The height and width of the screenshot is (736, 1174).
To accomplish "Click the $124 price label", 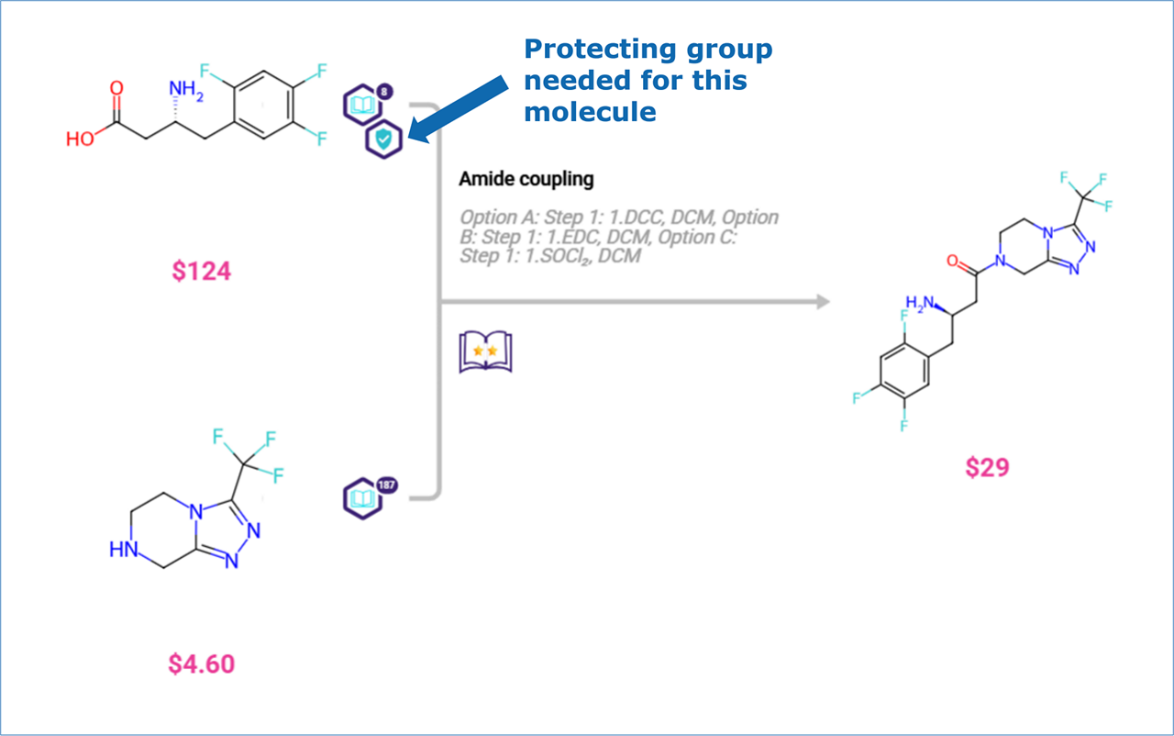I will pyautogui.click(x=201, y=271).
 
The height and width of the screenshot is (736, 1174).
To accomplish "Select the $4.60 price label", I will pyautogui.click(x=201, y=664).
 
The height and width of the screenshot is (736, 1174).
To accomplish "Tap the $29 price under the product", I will pyautogui.click(x=987, y=467).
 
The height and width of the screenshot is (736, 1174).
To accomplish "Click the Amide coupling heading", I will pyautogui.click(x=526, y=179).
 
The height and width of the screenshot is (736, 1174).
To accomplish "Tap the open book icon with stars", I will pyautogui.click(x=485, y=351).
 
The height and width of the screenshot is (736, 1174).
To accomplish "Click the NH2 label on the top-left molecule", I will pyautogui.click(x=186, y=90).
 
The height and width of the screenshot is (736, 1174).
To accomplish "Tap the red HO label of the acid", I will pyautogui.click(x=81, y=139).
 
